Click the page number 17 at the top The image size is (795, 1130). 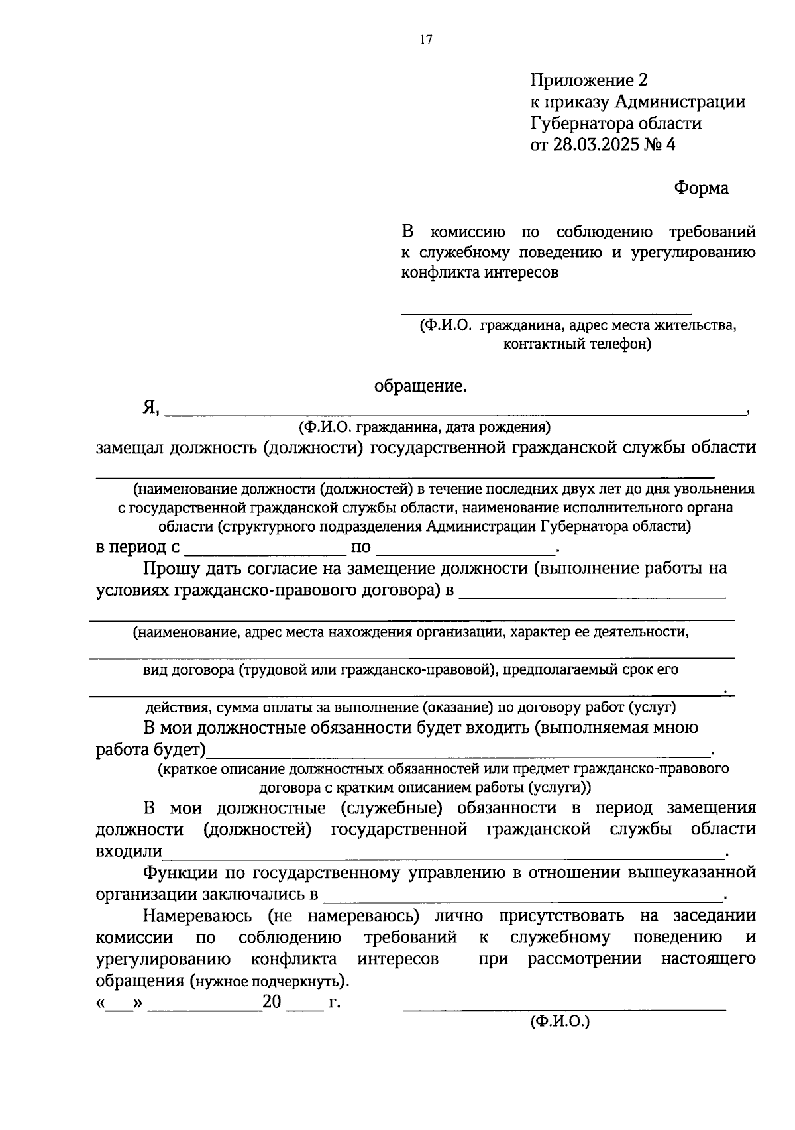click(425, 41)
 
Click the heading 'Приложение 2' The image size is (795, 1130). click(588, 81)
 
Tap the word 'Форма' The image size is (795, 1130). click(701, 188)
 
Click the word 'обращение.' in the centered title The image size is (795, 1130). click(421, 386)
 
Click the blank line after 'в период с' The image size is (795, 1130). click(266, 552)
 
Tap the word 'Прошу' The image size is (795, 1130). click(170, 569)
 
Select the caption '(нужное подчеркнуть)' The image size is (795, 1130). click(268, 981)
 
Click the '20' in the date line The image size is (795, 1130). click(272, 1002)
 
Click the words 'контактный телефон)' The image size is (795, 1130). click(577, 344)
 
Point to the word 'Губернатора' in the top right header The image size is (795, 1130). click(580, 123)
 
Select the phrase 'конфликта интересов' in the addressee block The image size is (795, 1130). click(480, 273)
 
